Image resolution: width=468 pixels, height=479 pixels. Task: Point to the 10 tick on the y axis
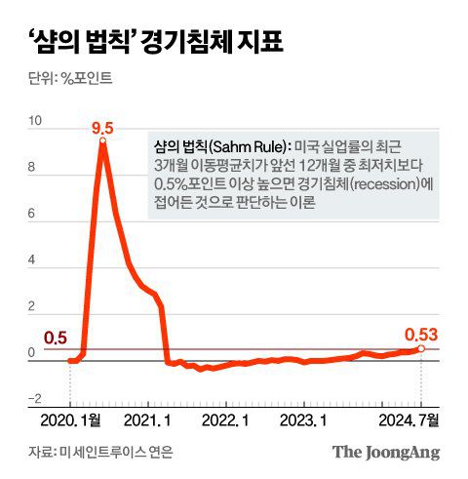[x=36, y=122]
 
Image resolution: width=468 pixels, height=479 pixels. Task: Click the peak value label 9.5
[x=102, y=128]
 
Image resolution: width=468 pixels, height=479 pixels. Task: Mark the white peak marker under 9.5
[x=102, y=142]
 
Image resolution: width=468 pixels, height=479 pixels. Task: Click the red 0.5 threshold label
[x=57, y=338]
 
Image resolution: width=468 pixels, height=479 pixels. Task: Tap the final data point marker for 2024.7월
[x=421, y=348]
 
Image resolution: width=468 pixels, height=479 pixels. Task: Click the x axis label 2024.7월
[x=410, y=419]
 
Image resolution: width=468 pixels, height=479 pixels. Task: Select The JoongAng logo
[x=386, y=452]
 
